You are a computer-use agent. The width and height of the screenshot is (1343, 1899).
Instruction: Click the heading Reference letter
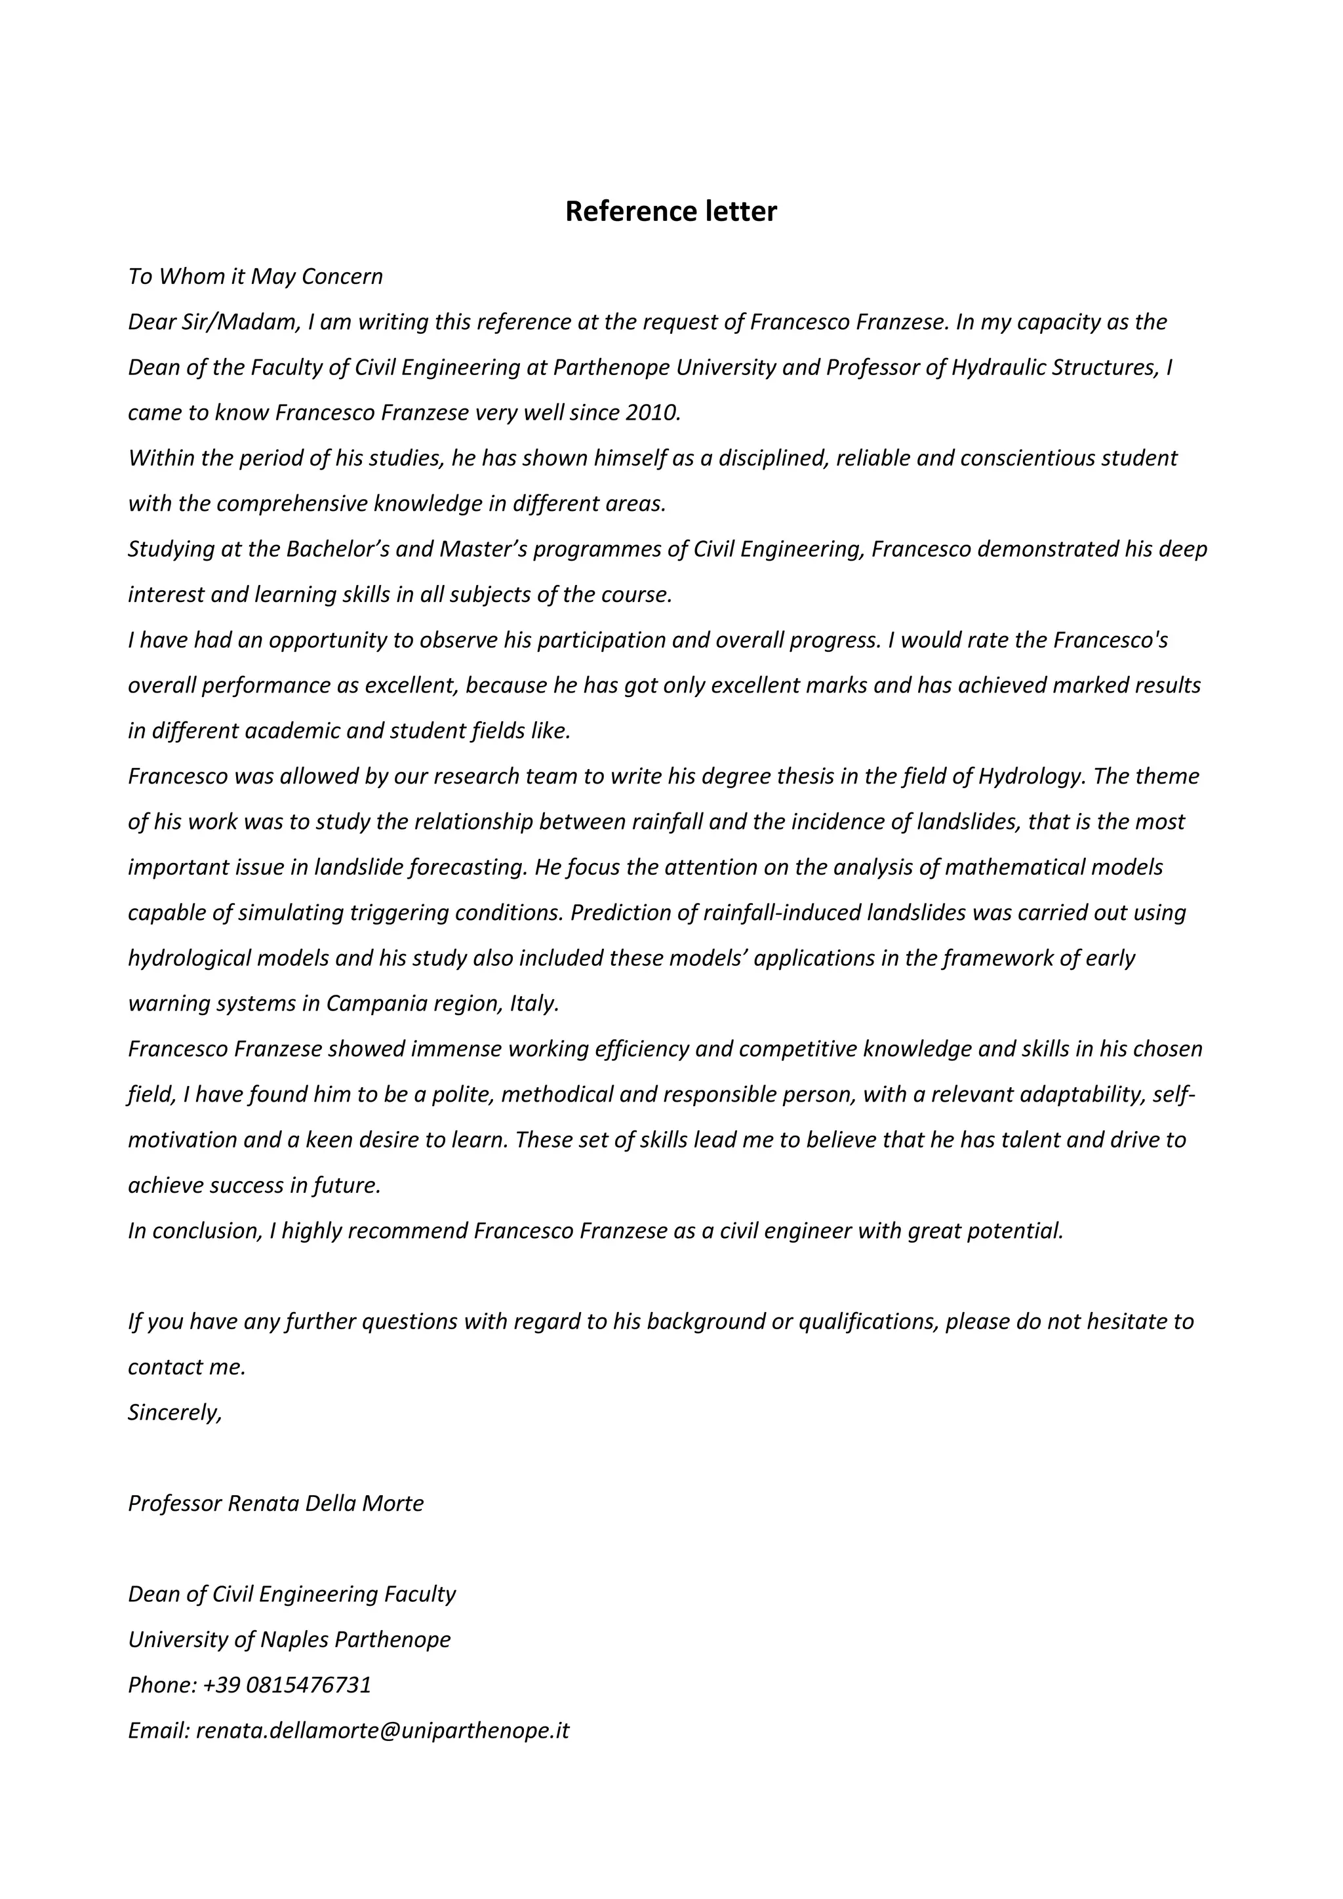tap(671, 212)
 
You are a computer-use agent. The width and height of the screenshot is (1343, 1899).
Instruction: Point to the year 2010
tap(652, 412)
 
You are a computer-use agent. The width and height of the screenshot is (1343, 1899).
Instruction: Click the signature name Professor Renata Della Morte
tap(275, 1504)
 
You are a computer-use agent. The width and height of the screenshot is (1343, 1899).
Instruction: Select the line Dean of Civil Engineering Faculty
tap(291, 1595)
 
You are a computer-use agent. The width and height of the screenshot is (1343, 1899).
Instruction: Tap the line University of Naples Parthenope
tap(289, 1640)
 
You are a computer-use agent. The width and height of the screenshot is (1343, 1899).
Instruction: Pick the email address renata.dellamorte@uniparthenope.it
tap(382, 1730)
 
